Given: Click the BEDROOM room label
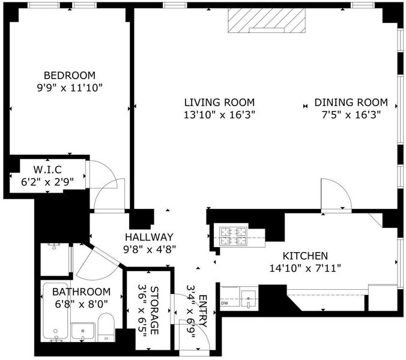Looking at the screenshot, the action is (70, 75).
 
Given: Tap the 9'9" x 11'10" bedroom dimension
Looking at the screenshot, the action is (70, 88).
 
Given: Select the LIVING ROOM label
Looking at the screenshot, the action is (219, 103).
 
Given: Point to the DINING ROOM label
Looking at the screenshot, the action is (351, 103).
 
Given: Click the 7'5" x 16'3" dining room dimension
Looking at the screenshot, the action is (351, 115).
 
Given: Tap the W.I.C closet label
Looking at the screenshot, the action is (47, 170).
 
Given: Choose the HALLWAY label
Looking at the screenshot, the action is (149, 237).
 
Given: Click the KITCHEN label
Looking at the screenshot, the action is (305, 256).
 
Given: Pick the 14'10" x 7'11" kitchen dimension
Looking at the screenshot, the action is (305, 268).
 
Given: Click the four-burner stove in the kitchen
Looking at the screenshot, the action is (233, 236).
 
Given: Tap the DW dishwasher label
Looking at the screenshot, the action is (225, 304).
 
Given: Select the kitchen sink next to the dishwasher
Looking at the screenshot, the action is (248, 299).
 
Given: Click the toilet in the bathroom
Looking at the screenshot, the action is (106, 327).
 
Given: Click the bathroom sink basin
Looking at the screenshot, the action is (83, 331).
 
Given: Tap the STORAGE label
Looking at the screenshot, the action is (154, 310).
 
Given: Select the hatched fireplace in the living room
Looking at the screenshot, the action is (267, 20).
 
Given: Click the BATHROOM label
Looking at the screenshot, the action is (81, 292).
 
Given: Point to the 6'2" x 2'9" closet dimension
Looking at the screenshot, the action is (47, 182).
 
